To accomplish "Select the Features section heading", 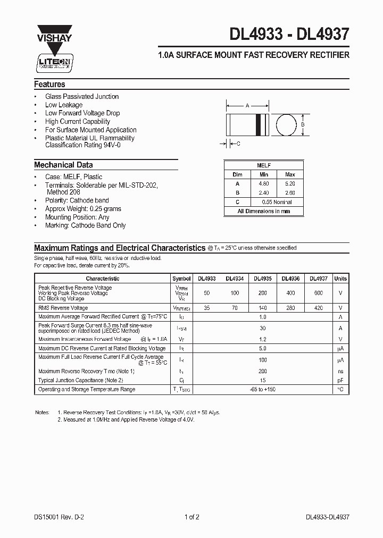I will (x=49, y=85).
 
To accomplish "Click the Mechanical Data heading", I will (x=63, y=165).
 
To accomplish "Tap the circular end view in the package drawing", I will (x=288, y=125).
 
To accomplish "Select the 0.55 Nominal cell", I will (x=277, y=202).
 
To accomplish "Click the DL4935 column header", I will (x=262, y=279).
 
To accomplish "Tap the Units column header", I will (x=340, y=279).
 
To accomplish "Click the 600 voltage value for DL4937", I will (x=318, y=293).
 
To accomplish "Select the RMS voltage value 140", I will (x=262, y=308).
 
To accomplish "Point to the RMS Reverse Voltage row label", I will (x=63, y=308).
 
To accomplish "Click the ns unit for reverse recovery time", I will (x=340, y=371).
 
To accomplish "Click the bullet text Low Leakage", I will (x=64, y=105).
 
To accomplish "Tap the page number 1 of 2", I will (x=193, y=517).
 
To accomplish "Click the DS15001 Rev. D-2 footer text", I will (x=57, y=517).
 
